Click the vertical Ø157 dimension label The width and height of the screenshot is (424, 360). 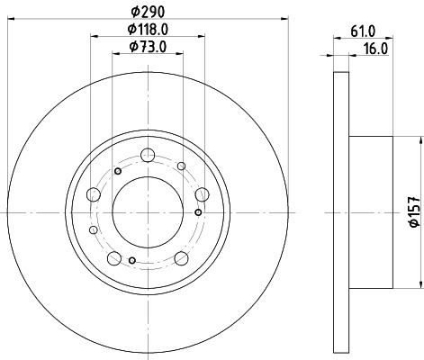pyautogui.click(x=413, y=211)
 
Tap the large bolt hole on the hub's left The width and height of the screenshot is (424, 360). pyautogui.click(x=94, y=194)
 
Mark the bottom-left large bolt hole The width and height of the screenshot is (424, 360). pyautogui.click(x=113, y=257)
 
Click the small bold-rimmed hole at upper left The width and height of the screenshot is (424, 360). pyautogui.click(x=118, y=171)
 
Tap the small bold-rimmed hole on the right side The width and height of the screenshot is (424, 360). pyautogui.click(x=197, y=212)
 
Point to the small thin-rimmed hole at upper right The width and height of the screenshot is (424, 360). pyautogui.click(x=181, y=166)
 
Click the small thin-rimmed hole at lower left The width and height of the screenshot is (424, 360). pyautogui.click(x=93, y=230)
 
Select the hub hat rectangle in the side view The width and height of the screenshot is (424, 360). pyautogui.click(x=370, y=212)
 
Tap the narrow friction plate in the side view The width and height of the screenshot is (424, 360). pyautogui.click(x=340, y=212)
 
